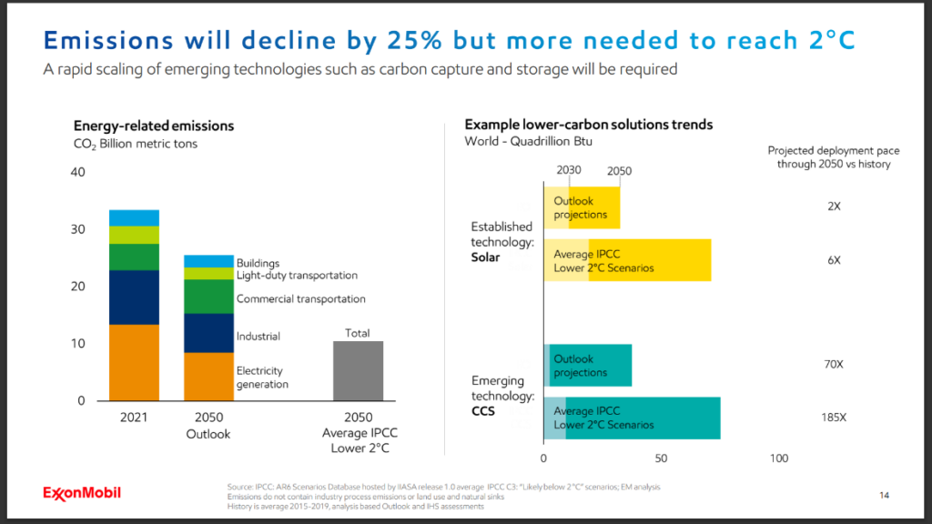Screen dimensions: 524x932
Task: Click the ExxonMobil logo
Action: coord(81,493)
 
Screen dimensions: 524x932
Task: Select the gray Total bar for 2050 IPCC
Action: coord(358,370)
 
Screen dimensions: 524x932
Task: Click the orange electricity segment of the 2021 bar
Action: coord(134,362)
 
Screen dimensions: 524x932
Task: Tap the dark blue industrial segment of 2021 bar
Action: coord(134,297)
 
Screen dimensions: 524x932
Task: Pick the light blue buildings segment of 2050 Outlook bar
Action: coord(208,261)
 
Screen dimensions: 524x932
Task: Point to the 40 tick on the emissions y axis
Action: coord(78,173)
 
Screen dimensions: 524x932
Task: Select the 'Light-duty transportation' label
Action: coord(297,276)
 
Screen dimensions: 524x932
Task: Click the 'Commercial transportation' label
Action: coord(300,299)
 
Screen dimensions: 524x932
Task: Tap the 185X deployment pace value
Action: coord(833,418)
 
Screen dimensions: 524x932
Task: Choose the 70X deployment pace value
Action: coord(833,365)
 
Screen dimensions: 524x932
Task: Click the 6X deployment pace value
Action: coord(834,260)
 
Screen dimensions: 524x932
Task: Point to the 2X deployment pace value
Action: coord(834,207)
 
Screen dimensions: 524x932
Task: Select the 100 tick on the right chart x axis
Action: coord(779,458)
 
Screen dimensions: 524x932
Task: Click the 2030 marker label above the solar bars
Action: coord(568,170)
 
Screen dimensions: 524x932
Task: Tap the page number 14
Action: coord(883,496)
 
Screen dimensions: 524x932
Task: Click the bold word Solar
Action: coord(485,257)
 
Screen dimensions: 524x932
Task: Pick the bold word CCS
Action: coord(482,412)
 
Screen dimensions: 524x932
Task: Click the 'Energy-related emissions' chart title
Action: coord(154,126)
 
